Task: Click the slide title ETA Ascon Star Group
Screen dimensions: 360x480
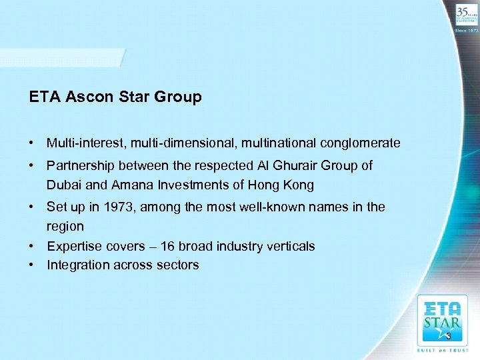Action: [x=115, y=97]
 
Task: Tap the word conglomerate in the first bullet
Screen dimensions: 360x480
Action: [x=360, y=143]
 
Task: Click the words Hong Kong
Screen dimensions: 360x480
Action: [x=285, y=185]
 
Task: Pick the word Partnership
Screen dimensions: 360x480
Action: [x=79, y=165]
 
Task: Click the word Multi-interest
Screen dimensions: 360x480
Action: [x=86, y=143]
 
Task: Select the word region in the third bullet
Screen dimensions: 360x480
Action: [x=65, y=227]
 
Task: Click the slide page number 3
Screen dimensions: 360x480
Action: [x=449, y=336]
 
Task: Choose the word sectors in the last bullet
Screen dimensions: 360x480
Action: [x=178, y=265]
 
